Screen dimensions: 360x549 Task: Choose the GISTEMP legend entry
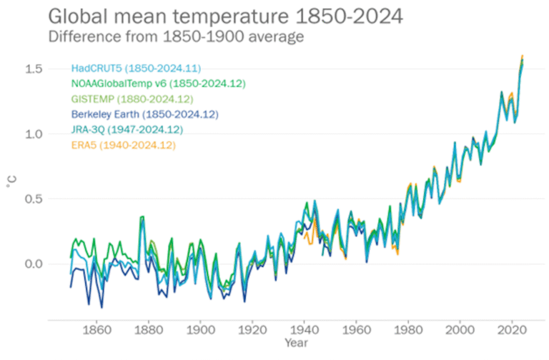pos(132,99)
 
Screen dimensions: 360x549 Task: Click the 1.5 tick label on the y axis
pos(35,69)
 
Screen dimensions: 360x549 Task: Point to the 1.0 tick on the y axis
pos(35,134)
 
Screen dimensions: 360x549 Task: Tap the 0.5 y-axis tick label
pos(35,199)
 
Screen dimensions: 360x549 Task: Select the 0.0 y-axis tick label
pos(35,264)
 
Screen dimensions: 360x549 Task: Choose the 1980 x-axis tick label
pos(409,331)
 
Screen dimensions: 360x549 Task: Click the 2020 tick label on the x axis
pos(513,331)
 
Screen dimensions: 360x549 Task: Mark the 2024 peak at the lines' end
pos(523,57)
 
